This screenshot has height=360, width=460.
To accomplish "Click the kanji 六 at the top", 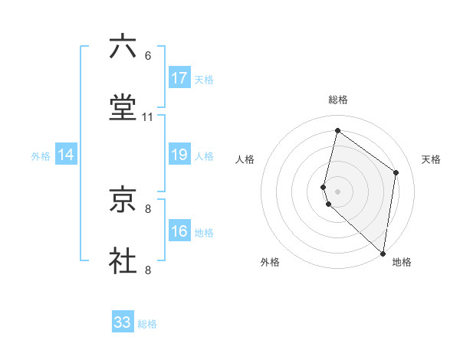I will [x=123, y=47].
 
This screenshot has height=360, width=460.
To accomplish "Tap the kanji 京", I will [x=123, y=200].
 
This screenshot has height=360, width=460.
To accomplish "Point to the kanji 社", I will [x=123, y=260].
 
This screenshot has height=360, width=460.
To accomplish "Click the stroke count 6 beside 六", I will [x=148, y=56].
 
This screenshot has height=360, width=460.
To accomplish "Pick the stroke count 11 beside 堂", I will [x=148, y=116].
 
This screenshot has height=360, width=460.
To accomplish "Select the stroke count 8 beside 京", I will [x=148, y=208].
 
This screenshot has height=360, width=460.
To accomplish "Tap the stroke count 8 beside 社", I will [x=148, y=269].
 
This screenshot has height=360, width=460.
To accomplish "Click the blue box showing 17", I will [x=179, y=78].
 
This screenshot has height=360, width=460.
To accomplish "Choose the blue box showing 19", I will [x=179, y=155].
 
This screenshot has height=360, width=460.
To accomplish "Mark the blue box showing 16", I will [x=179, y=231].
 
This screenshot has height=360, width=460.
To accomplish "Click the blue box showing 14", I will [x=66, y=155].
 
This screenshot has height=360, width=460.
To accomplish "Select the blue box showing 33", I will [x=123, y=322].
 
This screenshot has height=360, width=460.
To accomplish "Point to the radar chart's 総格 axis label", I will [x=338, y=100].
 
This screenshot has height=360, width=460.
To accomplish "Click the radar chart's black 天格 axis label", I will [x=431, y=159].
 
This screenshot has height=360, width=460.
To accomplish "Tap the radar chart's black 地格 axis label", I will [x=402, y=263].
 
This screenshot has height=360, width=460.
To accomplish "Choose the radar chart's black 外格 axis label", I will [x=270, y=263].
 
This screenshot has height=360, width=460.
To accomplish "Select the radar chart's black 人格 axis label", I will [x=245, y=159].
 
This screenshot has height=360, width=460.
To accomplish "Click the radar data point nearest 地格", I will [x=383, y=252].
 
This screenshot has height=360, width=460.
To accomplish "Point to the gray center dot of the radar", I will [x=338, y=191].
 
